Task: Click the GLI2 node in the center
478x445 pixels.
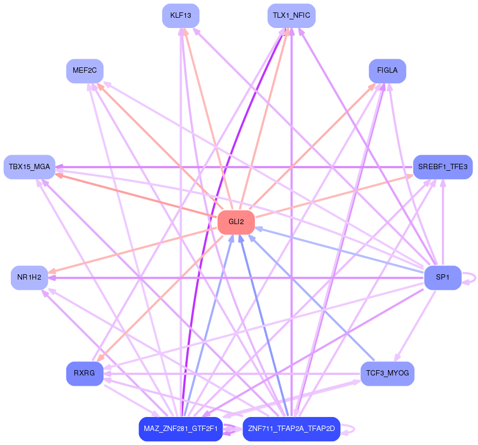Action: coord(235,222)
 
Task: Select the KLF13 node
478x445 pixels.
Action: coord(181,16)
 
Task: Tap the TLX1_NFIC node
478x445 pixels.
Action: coord(291,16)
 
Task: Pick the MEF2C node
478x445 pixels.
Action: coord(85,71)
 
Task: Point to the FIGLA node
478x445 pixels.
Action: coord(387,71)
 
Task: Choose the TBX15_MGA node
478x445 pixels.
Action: coord(29,167)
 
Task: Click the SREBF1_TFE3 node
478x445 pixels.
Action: coord(442,167)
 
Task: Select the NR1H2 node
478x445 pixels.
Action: coord(29,277)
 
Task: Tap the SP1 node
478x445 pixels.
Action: coord(442,277)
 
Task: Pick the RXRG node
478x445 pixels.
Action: coord(85,373)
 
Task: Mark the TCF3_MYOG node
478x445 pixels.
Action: coord(387,373)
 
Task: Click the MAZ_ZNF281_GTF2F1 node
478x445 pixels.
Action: coord(181,429)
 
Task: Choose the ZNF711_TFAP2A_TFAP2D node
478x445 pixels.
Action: coord(291,429)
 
